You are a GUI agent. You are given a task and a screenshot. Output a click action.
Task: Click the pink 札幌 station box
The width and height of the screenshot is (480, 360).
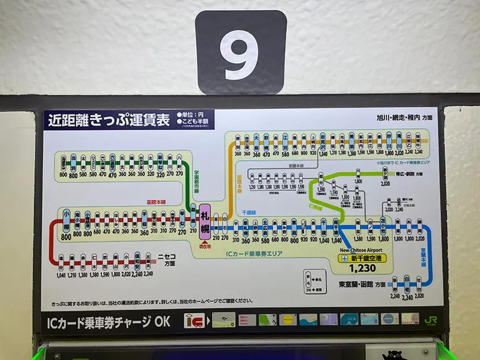[205, 222]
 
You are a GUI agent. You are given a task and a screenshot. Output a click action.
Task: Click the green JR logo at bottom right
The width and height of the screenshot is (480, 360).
[431, 319]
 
